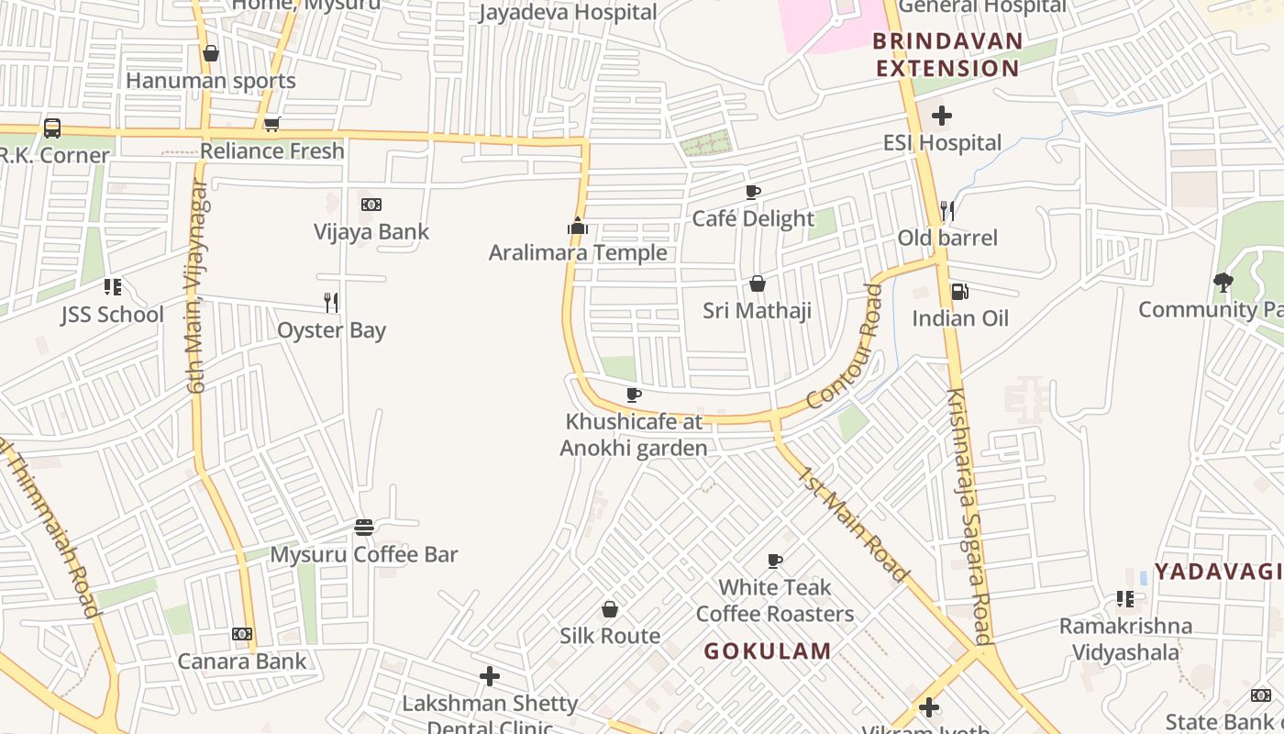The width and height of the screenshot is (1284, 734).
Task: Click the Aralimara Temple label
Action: [578, 252]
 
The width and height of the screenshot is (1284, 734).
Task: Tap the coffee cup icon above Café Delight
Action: [753, 192]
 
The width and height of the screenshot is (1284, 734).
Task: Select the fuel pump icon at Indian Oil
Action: [959, 292]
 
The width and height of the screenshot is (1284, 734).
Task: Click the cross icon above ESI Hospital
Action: [942, 117]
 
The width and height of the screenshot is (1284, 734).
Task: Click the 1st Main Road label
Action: [853, 524]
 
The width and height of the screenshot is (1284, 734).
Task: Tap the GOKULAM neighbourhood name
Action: [768, 651]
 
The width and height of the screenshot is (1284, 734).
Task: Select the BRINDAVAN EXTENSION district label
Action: [947, 55]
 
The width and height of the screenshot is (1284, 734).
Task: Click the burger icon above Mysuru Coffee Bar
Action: [364, 528]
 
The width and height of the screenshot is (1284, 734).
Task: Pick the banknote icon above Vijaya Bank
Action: [371, 205]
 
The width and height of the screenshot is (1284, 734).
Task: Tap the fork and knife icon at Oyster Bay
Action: [331, 302]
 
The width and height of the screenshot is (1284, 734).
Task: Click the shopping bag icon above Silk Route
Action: [610, 609]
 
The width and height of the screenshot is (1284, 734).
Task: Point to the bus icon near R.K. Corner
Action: [52, 128]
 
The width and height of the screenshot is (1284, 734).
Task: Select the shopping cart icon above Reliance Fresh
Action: [271, 125]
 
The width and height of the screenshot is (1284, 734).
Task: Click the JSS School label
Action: [113, 315]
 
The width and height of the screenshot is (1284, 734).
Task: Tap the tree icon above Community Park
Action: [1223, 282]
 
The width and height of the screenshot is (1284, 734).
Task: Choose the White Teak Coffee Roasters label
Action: [775, 600]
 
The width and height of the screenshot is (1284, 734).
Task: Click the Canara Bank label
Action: [242, 661]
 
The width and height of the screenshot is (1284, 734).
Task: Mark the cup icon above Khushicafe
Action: [633, 395]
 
